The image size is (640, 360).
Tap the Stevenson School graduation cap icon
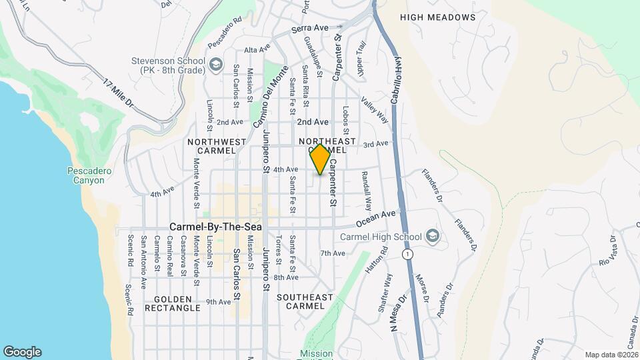[x=215, y=64]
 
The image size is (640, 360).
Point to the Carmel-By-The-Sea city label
[x=215, y=227]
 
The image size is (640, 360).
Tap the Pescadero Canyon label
[x=90, y=175]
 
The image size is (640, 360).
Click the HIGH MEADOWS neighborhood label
[x=438, y=17]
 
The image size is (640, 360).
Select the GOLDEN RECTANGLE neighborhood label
[x=177, y=303]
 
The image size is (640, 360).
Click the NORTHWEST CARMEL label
[x=217, y=146]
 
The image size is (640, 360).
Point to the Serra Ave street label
[x=311, y=29]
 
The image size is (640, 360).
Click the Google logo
[x=22, y=352]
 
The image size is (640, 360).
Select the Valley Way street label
[x=375, y=110]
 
